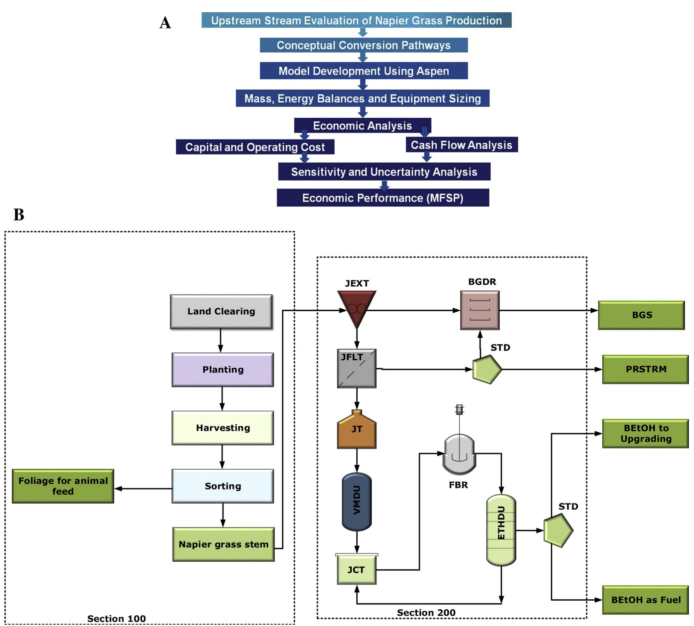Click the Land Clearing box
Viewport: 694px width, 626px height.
[221, 311]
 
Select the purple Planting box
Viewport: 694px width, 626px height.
[223, 369]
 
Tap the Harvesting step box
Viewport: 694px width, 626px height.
[223, 428]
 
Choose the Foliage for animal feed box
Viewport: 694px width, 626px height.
[63, 486]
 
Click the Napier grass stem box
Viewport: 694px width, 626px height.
[223, 544]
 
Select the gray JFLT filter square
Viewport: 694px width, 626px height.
[357, 368]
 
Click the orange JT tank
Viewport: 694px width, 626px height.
[357, 430]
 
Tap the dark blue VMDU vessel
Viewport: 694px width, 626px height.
[357, 501]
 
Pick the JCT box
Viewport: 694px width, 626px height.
[357, 570]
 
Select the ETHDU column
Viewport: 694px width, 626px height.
[501, 530]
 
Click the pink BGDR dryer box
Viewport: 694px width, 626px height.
[480, 310]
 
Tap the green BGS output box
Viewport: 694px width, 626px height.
[641, 315]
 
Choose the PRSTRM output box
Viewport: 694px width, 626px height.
[645, 369]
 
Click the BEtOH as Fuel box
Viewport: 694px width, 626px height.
[645, 600]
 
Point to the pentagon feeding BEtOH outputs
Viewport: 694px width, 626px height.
[558, 530]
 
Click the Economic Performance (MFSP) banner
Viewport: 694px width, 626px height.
[383, 198]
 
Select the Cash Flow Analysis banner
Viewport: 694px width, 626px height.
[461, 145]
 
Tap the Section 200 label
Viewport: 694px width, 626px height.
[426, 613]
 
